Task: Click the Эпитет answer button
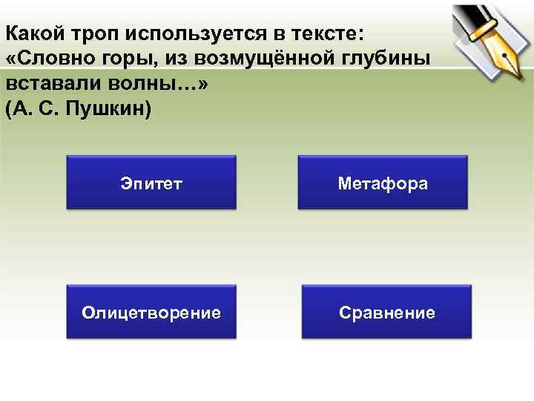click(x=151, y=183)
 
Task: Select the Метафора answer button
click(x=383, y=183)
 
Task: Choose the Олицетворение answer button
click(x=151, y=312)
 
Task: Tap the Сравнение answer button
click(x=386, y=312)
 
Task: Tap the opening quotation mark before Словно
click(x=10, y=59)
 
